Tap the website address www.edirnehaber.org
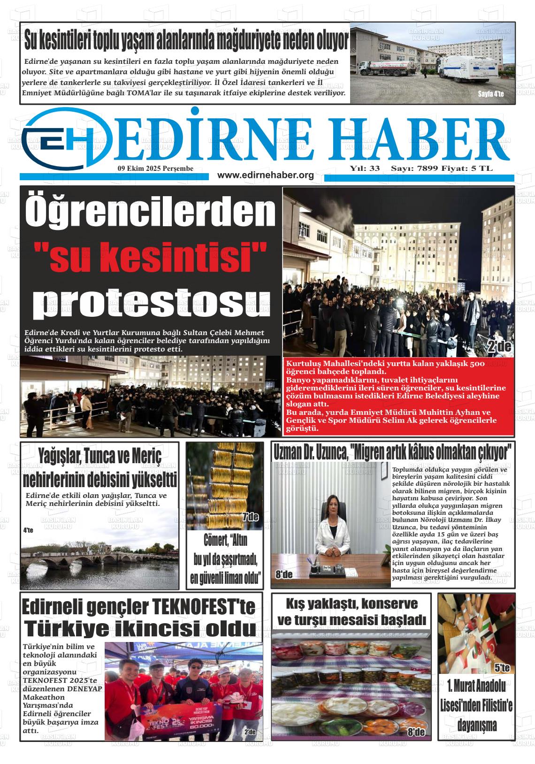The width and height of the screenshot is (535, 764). point(265,175)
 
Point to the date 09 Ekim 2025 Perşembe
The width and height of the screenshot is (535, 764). point(155,168)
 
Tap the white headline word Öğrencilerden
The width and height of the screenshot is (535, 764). point(150,212)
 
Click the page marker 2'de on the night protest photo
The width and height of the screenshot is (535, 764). point(499,348)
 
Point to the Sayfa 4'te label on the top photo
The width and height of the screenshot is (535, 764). point(490,94)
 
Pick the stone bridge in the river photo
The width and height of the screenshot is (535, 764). point(94,558)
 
